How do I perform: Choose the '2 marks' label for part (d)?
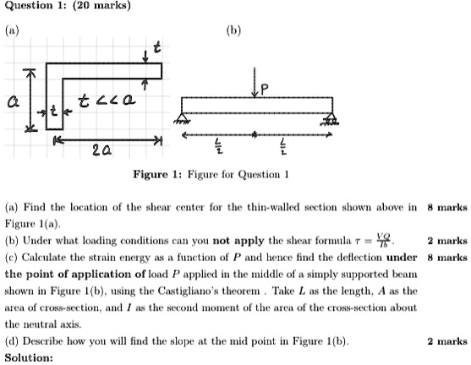(447, 341)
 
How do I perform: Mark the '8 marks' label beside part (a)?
(447, 206)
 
